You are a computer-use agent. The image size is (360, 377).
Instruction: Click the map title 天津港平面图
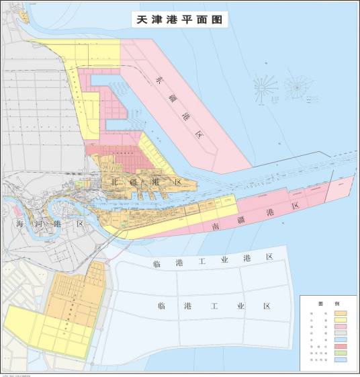tap(179, 18)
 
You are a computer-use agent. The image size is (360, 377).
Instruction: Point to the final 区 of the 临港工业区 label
tap(266, 306)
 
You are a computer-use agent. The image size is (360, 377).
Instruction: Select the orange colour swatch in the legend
tap(341, 313)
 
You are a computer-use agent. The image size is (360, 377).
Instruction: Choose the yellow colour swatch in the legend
tap(341, 321)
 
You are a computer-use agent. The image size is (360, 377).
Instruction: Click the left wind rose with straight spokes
tap(265, 87)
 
